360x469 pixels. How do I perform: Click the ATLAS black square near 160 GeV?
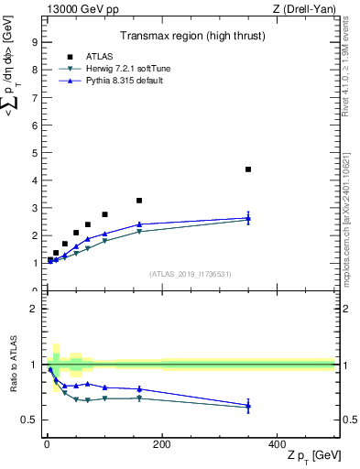(139, 201)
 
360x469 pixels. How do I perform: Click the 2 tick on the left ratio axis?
(33, 309)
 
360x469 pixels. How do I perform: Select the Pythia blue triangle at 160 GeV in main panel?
(139, 224)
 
